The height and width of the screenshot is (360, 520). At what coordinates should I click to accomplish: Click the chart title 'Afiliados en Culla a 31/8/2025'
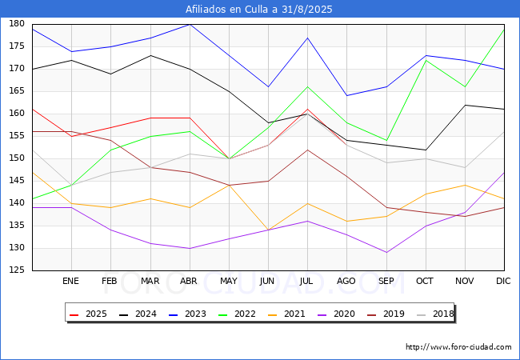[258, 10]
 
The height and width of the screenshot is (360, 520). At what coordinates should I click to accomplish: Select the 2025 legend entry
[88, 314]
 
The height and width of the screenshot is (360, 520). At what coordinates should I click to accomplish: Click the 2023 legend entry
[187, 314]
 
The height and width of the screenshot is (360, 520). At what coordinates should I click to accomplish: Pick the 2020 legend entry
[336, 314]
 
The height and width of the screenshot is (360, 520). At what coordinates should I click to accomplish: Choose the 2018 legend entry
[435, 314]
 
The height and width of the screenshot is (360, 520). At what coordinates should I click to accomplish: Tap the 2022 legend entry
[237, 314]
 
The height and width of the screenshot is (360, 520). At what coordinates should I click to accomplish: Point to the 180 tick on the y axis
[17, 23]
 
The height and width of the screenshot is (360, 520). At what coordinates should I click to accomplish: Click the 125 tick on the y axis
[17, 270]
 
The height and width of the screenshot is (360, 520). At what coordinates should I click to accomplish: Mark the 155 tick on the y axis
[17, 135]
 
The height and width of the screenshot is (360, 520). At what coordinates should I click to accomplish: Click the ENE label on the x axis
[70, 281]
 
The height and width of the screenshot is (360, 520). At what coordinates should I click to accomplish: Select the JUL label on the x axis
[306, 281]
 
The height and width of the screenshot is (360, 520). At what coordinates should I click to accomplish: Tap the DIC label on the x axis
[503, 281]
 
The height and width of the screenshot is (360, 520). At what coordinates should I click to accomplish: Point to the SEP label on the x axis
[386, 281]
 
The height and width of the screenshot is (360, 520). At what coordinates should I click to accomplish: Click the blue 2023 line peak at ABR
[190, 24]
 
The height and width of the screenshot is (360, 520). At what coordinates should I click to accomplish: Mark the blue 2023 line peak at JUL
[308, 38]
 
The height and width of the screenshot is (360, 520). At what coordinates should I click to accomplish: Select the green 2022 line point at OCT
[426, 60]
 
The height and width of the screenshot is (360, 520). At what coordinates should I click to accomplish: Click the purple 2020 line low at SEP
[386, 253]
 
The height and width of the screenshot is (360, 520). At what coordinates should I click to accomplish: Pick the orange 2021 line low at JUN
[268, 230]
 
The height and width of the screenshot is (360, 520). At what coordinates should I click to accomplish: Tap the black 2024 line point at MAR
[150, 55]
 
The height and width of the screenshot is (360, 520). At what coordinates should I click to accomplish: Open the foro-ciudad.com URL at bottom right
[458, 347]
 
